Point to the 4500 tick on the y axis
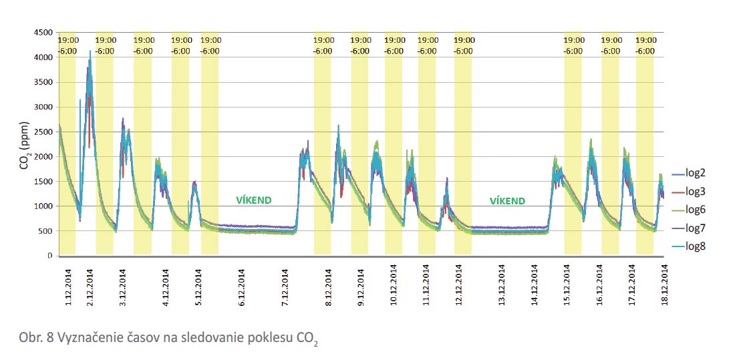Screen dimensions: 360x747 click(43, 32)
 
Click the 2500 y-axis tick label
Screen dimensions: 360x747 click(43, 132)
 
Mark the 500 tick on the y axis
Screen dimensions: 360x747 click(45, 231)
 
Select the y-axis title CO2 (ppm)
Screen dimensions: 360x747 click(24, 144)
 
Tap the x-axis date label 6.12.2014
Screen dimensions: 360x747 click(241, 287)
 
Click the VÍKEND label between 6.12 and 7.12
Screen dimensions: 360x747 click(255, 200)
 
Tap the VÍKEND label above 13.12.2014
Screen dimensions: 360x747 click(507, 200)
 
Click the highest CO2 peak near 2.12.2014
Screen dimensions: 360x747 click(90, 51)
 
